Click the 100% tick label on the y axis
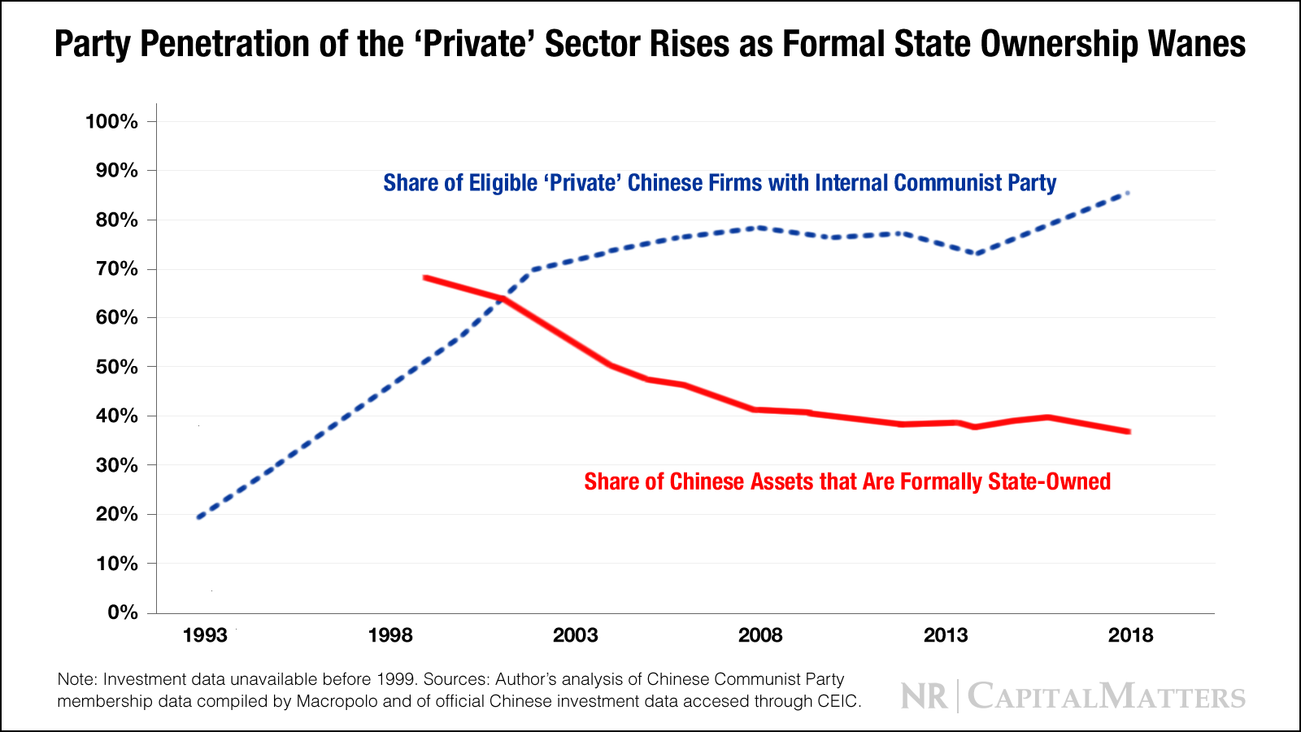pyautogui.click(x=111, y=122)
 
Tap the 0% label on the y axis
pyautogui.click(x=122, y=612)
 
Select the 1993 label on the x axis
pyautogui.click(x=205, y=635)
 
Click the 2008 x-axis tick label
pyautogui.click(x=760, y=635)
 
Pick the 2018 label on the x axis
pyautogui.click(x=1130, y=635)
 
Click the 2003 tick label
pyautogui.click(x=575, y=635)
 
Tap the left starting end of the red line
pyautogui.click(x=425, y=277)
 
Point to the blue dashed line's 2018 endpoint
pyautogui.click(x=1128, y=193)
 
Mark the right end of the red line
pyautogui.click(x=1129, y=431)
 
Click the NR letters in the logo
pyautogui.click(x=925, y=697)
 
